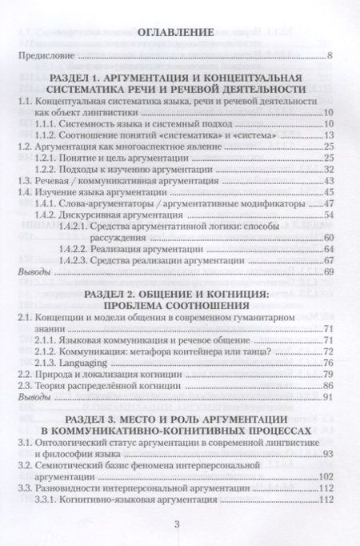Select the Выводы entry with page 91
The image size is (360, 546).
click(x=34, y=397)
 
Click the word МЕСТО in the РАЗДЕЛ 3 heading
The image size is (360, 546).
click(x=142, y=420)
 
